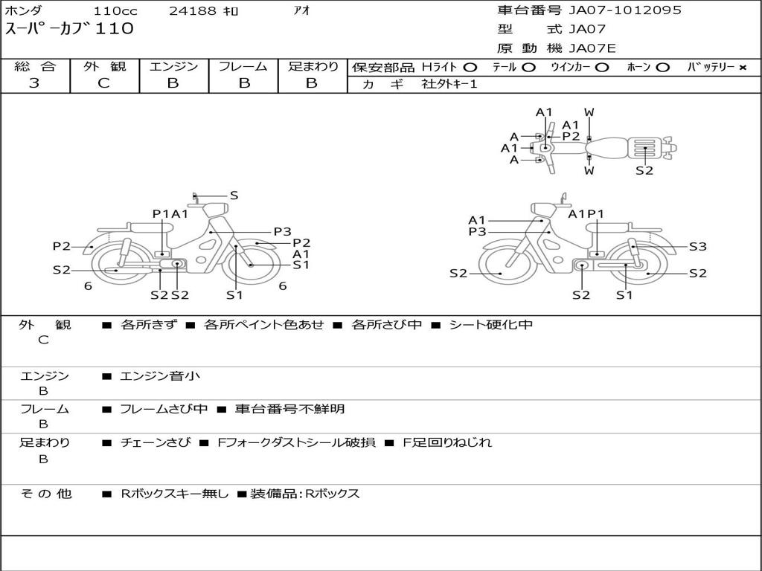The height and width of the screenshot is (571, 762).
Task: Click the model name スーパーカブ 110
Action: point(69,29)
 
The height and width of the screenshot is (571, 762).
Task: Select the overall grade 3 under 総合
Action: point(34,83)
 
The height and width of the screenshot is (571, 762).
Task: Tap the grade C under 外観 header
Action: point(104,83)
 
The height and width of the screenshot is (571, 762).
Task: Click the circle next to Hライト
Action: point(470,68)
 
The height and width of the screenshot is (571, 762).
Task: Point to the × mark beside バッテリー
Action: point(743,68)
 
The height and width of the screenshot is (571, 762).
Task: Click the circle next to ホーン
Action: point(662,68)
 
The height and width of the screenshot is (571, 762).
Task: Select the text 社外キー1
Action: point(449,84)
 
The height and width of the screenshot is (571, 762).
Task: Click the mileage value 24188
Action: point(193,10)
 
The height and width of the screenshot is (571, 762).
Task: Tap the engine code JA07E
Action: point(592,48)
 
